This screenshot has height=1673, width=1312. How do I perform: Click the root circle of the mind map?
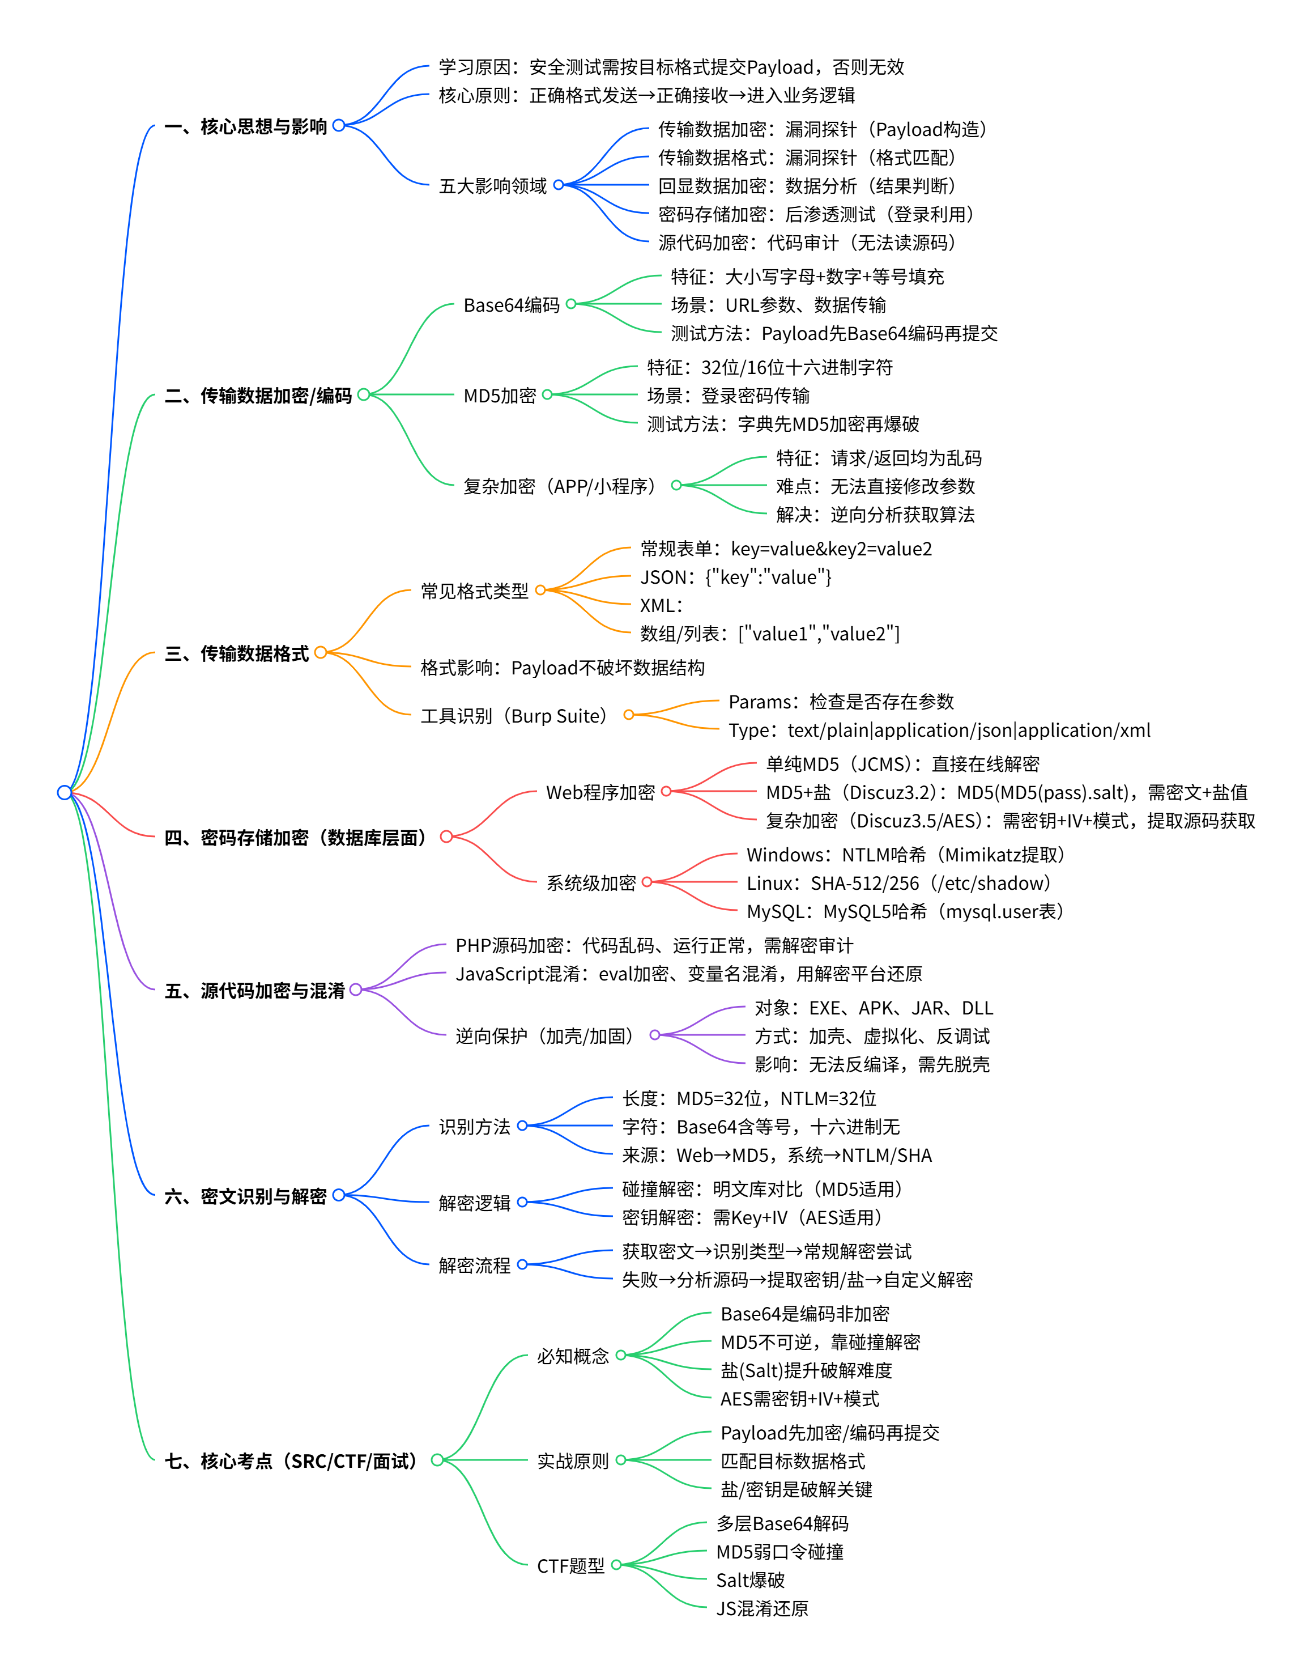click(65, 792)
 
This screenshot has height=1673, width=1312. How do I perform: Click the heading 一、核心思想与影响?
click(246, 126)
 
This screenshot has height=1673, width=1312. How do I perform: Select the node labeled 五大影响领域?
click(492, 186)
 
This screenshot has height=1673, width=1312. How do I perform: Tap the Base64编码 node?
click(511, 305)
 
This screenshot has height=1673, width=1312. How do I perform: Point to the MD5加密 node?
click(499, 396)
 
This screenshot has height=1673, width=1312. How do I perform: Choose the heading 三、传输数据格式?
click(237, 653)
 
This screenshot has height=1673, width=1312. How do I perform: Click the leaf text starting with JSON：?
click(735, 577)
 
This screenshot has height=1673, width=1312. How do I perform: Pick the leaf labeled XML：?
click(661, 606)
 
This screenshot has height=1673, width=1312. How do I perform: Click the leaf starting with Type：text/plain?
click(939, 730)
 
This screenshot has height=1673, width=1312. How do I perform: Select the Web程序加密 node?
click(600, 792)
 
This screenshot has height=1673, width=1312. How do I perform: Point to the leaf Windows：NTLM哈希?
click(907, 855)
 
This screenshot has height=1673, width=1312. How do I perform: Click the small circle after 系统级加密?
click(647, 882)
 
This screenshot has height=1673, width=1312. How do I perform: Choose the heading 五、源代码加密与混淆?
click(255, 991)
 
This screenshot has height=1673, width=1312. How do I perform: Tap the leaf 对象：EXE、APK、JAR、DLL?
click(874, 1008)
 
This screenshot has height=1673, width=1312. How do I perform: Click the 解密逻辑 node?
click(474, 1203)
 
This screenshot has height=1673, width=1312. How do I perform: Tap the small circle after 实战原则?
click(621, 1460)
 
